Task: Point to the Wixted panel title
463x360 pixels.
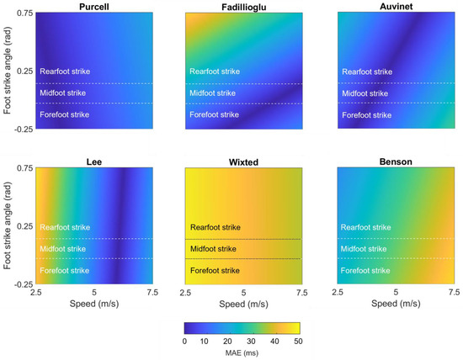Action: click(x=242, y=160)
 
